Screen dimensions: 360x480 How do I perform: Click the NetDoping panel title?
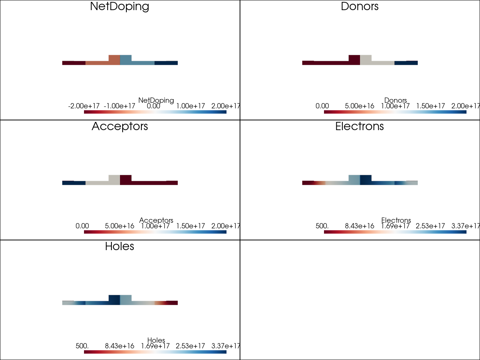point(120,6)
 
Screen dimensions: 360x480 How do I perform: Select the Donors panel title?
point(360,6)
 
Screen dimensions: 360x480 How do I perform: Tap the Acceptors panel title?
point(120,126)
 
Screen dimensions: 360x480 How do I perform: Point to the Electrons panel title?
point(360,126)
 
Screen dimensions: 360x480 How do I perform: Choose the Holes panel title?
point(120,246)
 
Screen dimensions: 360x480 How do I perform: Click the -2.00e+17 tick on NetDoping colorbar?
point(84,106)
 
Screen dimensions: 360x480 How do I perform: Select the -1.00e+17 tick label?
point(119,106)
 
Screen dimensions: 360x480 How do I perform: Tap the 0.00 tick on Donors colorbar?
point(322,106)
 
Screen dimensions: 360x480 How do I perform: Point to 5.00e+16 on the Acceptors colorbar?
point(119,226)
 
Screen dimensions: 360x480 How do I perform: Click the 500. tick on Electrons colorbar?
point(322,226)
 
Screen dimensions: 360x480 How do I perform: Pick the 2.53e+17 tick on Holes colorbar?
point(190,346)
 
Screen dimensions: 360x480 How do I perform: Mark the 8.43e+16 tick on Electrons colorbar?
point(359,226)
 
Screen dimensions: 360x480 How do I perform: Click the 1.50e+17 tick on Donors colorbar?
point(430,106)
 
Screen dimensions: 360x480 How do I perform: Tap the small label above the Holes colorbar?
point(156,340)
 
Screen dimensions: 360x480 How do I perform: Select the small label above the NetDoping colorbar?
point(156,100)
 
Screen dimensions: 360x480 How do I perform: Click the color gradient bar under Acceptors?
point(155,232)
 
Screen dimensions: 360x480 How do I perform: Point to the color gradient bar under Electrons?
point(395,232)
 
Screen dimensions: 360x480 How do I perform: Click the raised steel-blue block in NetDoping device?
point(126,60)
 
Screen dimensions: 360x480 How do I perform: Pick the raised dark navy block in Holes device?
point(114,300)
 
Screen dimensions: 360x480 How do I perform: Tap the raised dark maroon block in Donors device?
point(354,60)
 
